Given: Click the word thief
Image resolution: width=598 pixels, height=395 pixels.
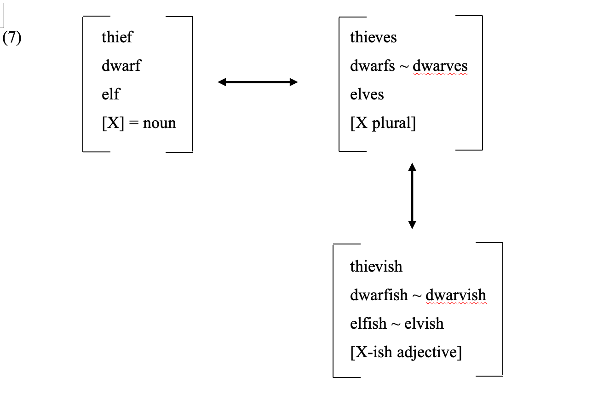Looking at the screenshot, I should click(x=117, y=37).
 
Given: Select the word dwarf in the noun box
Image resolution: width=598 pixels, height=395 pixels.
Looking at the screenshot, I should click(x=121, y=66).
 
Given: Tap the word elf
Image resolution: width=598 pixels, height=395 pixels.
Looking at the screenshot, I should click(x=110, y=94).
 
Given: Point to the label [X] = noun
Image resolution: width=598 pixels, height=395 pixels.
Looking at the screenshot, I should click(x=139, y=123).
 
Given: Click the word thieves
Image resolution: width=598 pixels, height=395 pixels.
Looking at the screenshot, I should click(x=373, y=37).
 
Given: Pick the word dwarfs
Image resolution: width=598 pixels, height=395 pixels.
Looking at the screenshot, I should click(x=372, y=66).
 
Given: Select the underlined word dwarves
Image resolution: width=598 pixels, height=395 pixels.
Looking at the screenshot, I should click(x=440, y=66).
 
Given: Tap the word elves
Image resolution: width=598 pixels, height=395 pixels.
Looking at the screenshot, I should click(x=367, y=94).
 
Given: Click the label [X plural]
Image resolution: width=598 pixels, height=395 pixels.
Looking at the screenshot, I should click(x=383, y=123).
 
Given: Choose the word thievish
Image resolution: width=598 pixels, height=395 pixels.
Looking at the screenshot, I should click(x=376, y=267).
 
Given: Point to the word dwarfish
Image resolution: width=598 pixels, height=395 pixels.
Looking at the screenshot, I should click(x=379, y=295).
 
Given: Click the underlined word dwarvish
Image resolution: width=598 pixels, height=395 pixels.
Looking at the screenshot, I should click(x=455, y=295).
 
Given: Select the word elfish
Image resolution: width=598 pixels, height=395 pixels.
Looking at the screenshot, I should click(x=368, y=324).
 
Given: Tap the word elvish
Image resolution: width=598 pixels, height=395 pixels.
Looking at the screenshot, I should click(x=424, y=324).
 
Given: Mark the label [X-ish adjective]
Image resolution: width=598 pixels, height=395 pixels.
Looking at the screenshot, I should click(x=405, y=353).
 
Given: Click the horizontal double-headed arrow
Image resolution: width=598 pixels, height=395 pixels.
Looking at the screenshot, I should click(x=258, y=82).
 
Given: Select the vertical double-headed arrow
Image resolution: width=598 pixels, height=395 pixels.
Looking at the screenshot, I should click(x=412, y=196).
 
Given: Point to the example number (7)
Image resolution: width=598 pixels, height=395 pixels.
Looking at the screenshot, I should click(x=12, y=38).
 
